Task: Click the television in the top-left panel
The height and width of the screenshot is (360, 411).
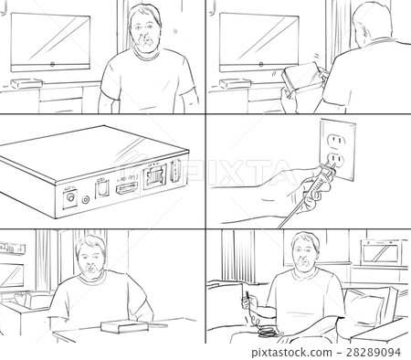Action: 50,41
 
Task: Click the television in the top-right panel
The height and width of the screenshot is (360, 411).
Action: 258,41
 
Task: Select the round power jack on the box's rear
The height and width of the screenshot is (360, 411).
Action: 69,195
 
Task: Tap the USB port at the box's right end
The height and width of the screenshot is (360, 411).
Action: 174,170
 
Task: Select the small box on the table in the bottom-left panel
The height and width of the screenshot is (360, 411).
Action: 117,325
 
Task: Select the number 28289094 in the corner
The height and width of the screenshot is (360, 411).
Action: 376,351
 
